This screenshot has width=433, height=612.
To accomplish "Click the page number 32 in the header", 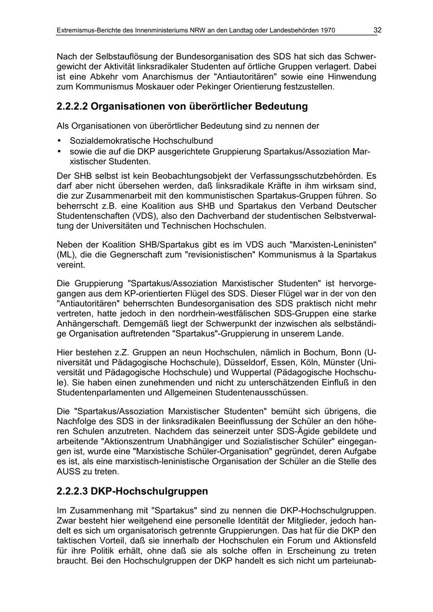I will point(377,30).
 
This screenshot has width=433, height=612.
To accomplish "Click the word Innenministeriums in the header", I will point(154,30).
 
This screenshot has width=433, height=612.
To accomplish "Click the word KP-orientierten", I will point(134,293).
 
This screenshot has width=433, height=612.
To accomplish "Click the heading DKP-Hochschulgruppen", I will point(149,491).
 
